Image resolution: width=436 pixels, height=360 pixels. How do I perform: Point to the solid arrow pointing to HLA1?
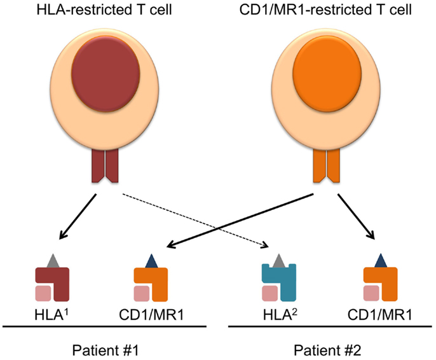click(78, 216)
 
